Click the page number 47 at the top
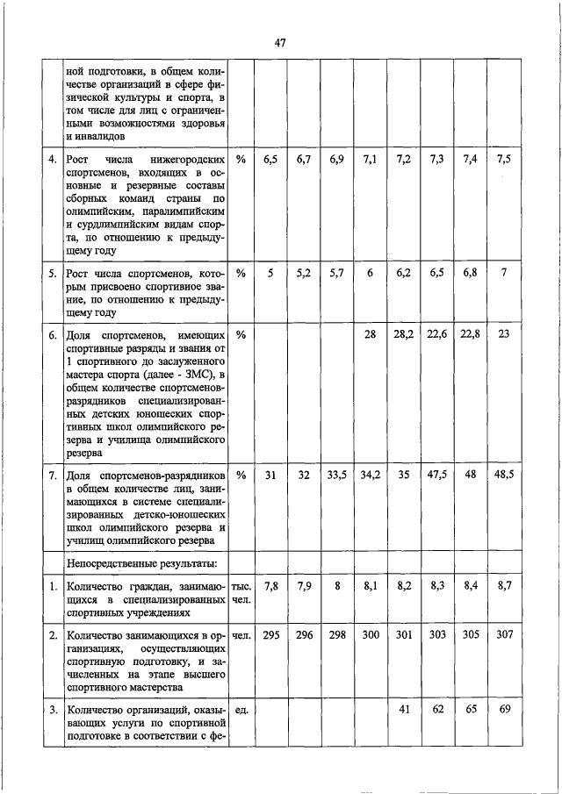(280, 42)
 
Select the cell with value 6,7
(305, 159)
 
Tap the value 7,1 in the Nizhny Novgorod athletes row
(370, 159)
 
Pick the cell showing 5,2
(305, 273)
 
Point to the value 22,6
(436, 335)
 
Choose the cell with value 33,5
(337, 475)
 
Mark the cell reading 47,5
(436, 475)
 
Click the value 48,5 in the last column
(503, 475)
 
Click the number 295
(271, 634)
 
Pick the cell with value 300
(370, 634)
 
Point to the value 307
(503, 634)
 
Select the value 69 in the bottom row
(503, 709)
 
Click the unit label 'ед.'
(240, 710)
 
